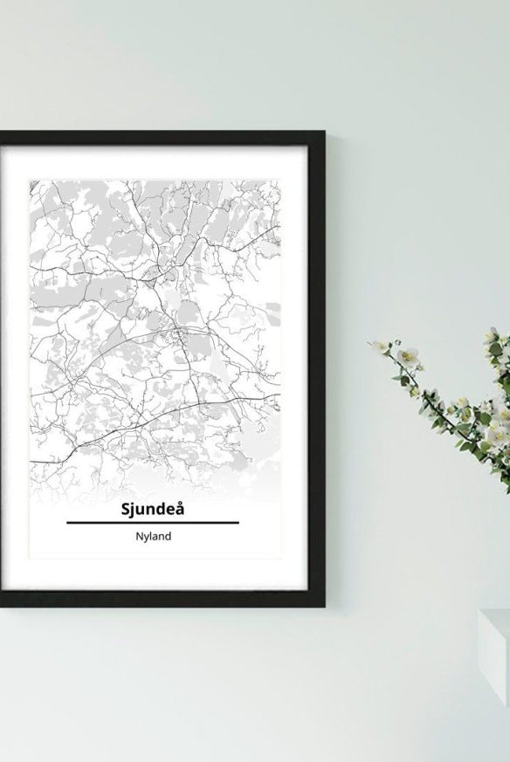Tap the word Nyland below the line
[x=153, y=537]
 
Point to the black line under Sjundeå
[x=153, y=522]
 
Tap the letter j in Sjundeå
[x=127, y=510]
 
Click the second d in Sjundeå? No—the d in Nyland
[x=168, y=536]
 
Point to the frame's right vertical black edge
[x=320, y=367]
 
